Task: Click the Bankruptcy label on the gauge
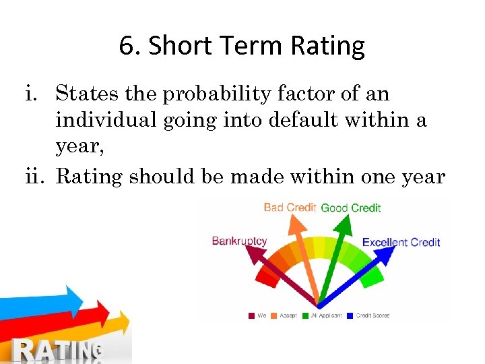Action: [239, 241]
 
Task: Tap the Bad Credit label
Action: [290, 208]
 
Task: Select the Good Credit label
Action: [350, 208]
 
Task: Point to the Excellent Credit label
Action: [401, 242]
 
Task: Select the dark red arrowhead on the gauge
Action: [252, 254]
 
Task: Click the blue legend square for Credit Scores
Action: [350, 315]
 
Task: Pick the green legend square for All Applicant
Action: [305, 315]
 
